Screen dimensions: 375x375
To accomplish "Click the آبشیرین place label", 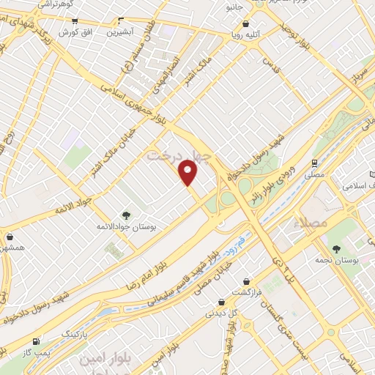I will tap(119, 32).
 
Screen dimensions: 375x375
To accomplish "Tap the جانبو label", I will tap(234, 7).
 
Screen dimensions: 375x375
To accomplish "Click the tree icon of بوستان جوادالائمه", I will tap(126, 215).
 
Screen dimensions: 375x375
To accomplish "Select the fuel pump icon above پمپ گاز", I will tap(35, 342).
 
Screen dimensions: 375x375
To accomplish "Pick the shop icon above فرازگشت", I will tap(247, 281).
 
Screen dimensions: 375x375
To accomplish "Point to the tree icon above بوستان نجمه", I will tap(336, 250).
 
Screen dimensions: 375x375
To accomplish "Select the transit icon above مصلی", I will tap(314, 163).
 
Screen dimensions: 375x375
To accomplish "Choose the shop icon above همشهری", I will tap(10, 237).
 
